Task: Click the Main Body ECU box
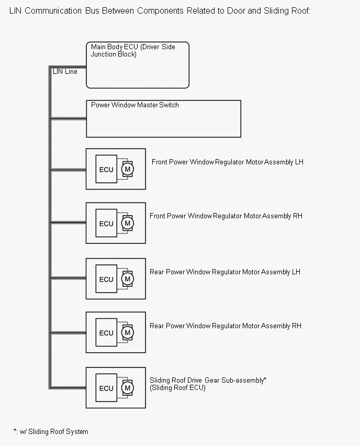(137, 65)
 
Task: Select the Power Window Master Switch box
(163, 119)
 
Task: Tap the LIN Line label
(65, 72)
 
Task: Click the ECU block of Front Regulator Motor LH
(106, 169)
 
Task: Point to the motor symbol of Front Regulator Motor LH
(127, 169)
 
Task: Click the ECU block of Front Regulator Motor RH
(106, 224)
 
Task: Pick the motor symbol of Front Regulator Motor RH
(127, 223)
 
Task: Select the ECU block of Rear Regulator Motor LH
(106, 279)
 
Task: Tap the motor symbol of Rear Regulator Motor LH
(127, 279)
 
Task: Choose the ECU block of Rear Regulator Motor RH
(106, 333)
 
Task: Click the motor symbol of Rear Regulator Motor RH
(127, 332)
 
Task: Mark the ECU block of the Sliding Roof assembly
(106, 388)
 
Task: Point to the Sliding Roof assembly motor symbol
(127, 388)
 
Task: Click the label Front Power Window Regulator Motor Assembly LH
(228, 162)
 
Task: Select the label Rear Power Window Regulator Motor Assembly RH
(226, 326)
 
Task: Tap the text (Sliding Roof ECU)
(177, 388)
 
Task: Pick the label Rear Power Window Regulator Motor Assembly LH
(225, 272)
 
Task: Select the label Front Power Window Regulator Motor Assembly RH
(226, 216)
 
